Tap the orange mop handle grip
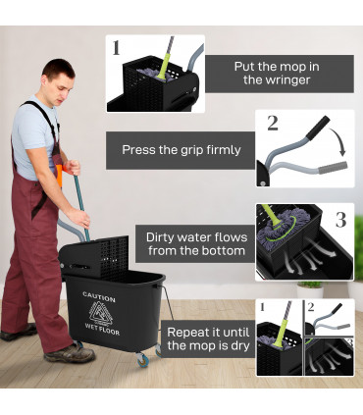[x=61, y=177]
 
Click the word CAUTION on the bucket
[x=99, y=296]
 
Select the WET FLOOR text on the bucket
[x=100, y=328]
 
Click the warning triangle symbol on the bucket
[x=100, y=312]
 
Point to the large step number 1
[x=117, y=47]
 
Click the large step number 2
[x=272, y=124]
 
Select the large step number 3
[x=340, y=218]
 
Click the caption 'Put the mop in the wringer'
[x=279, y=74]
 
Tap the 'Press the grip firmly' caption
[x=181, y=150]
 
